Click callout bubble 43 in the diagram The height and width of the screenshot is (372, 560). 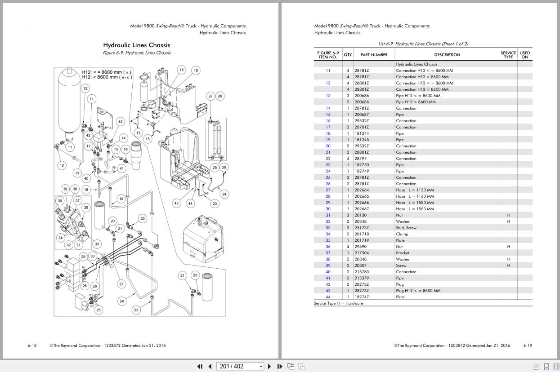pyautogui.click(x=120, y=122)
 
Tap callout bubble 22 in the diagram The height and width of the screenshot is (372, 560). pyautogui.click(x=143, y=219)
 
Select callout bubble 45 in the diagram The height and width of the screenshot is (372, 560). pyautogui.click(x=176, y=203)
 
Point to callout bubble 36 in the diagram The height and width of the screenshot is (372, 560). pyautogui.click(x=60, y=201)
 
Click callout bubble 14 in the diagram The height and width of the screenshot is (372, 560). pyautogui.click(x=123, y=138)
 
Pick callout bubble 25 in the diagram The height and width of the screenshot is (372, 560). pyautogui.click(x=99, y=310)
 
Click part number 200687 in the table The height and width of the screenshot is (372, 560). pyautogui.click(x=361, y=115)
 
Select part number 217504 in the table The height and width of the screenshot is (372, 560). pyautogui.click(x=361, y=253)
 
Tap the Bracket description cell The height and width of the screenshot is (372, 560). pyautogui.click(x=403, y=253)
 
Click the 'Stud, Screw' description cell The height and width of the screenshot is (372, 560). pyautogui.click(x=406, y=228)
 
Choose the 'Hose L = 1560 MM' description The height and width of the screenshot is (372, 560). pyautogui.click(x=415, y=209)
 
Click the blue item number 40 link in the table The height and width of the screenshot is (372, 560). pyautogui.click(x=328, y=272)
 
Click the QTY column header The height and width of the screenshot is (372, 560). pyautogui.click(x=348, y=55)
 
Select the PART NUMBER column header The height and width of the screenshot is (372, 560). pyautogui.click(x=374, y=55)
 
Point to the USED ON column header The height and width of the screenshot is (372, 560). pyautogui.click(x=524, y=55)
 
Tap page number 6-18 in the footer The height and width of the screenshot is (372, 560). pyautogui.click(x=32, y=345)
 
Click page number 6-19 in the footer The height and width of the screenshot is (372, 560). pyautogui.click(x=528, y=345)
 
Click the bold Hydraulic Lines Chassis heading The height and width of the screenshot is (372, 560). pyautogui.click(x=137, y=45)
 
